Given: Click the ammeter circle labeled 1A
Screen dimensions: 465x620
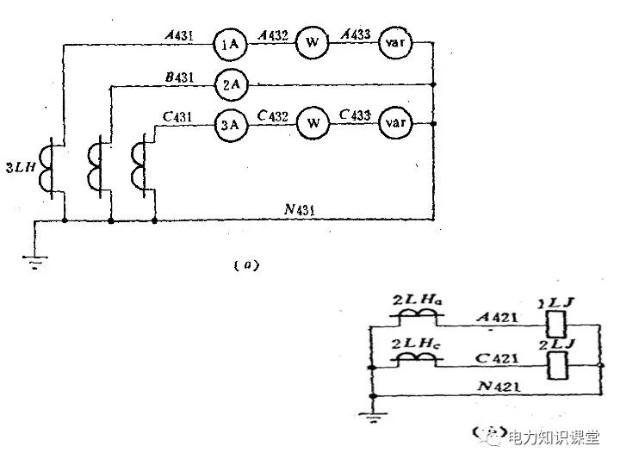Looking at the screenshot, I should click(229, 44).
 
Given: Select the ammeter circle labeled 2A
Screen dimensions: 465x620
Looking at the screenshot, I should click(229, 84).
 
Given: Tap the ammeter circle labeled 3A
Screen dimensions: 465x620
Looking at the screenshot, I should click(229, 124).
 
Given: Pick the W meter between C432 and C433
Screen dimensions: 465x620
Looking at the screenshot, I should click(313, 124).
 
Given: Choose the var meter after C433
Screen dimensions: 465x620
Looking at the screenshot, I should click(394, 124).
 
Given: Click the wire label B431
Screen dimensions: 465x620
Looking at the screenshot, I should click(179, 77).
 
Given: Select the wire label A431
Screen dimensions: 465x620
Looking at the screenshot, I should click(179, 36).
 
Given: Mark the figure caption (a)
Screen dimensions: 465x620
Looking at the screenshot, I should click(246, 265).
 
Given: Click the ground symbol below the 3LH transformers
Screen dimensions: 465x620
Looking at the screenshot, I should click(34, 260).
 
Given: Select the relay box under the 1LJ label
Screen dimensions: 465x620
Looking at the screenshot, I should click(556, 325).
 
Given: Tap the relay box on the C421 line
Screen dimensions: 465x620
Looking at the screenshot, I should click(556, 366).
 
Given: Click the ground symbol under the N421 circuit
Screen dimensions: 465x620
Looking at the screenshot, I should click(372, 420).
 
